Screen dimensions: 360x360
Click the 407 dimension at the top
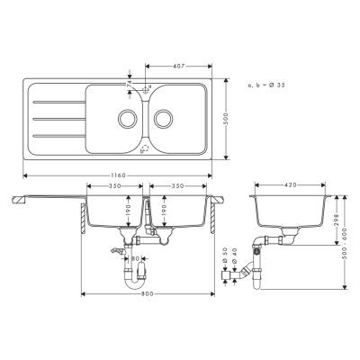click(179, 65)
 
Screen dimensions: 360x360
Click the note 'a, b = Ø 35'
click(265, 84)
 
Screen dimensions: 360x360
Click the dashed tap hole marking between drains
click(144, 145)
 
